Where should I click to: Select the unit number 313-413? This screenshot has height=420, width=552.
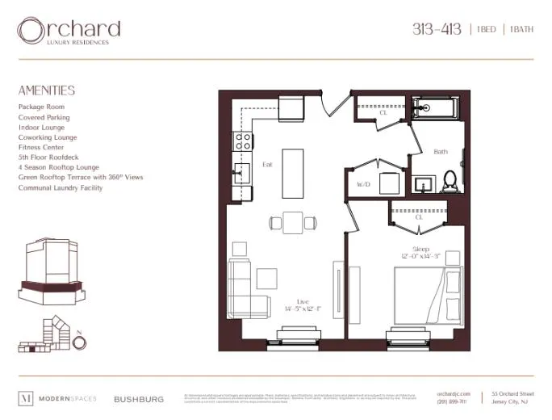point(437,30)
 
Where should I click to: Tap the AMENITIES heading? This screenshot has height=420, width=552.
point(47,90)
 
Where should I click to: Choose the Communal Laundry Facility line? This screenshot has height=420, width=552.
point(61,188)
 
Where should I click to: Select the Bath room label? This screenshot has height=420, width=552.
point(441,152)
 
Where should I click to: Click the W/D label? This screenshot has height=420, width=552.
point(363,185)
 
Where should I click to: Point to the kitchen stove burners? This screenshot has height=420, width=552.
point(241,142)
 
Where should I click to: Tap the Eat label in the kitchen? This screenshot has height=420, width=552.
point(267,165)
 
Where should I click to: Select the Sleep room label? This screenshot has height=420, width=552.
point(420,249)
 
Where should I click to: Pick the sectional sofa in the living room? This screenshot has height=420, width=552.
point(245,290)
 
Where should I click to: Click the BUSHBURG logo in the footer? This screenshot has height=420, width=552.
point(139,399)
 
